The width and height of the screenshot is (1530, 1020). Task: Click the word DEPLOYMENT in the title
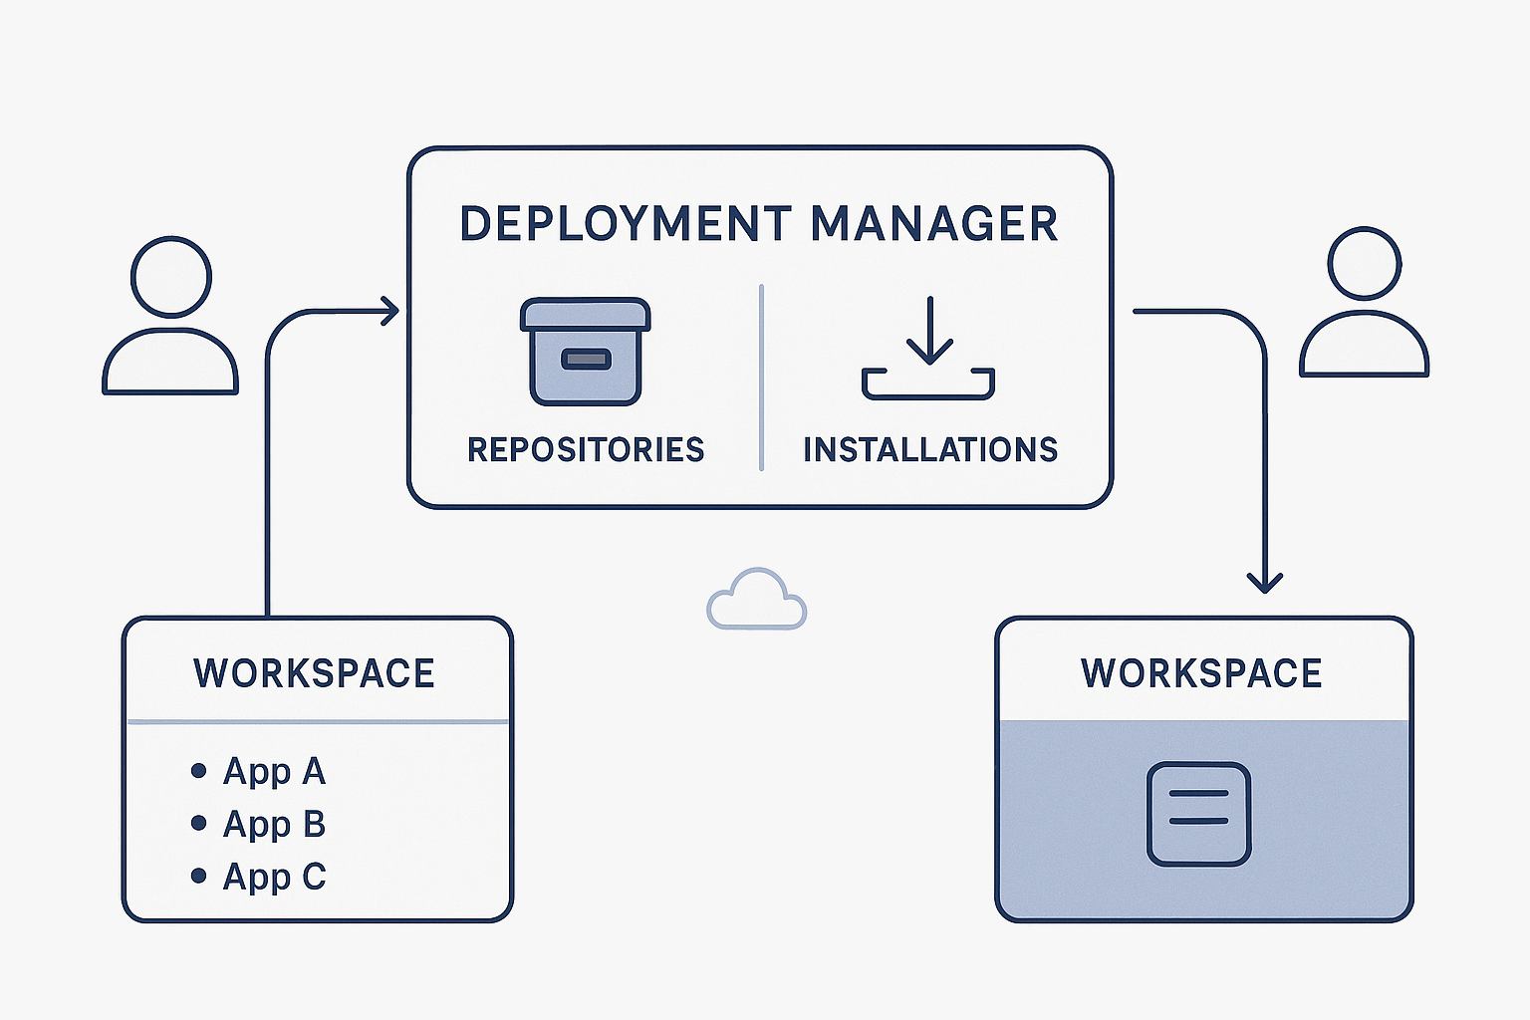(626, 224)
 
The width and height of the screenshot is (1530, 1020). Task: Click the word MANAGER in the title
(933, 224)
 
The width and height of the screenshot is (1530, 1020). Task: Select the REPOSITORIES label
(586, 450)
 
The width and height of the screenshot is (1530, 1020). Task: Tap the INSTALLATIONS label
(930, 450)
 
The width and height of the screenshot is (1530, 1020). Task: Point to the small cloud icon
(756, 600)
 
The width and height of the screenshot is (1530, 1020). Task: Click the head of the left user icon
(171, 278)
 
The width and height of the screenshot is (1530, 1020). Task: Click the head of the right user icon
(1364, 264)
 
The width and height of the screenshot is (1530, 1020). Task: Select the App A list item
(274, 771)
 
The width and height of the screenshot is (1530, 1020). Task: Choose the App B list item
(274, 824)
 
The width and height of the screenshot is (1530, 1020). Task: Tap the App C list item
(274, 877)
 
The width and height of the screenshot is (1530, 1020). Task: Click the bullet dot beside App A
(198, 771)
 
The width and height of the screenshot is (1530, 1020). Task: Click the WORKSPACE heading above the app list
(314, 674)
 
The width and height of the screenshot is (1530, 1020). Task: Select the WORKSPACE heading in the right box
(1201, 674)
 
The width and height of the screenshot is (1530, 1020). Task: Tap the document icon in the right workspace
(1198, 814)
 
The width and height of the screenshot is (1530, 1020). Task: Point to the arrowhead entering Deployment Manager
(389, 311)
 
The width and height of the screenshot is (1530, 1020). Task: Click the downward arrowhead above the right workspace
(1265, 582)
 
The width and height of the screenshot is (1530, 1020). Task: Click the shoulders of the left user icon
(170, 365)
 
